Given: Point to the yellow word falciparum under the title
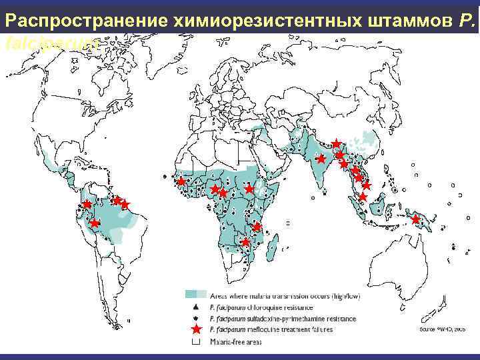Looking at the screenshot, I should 53,44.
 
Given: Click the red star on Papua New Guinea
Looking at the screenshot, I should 415,219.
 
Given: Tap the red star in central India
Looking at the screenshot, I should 321,159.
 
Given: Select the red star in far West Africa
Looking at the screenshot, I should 181,181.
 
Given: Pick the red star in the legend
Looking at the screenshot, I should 195,330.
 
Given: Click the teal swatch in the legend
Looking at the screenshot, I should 195,294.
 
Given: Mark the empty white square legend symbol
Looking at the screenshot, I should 195,342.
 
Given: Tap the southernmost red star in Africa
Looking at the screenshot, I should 245,243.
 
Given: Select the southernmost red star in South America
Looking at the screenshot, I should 95,224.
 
